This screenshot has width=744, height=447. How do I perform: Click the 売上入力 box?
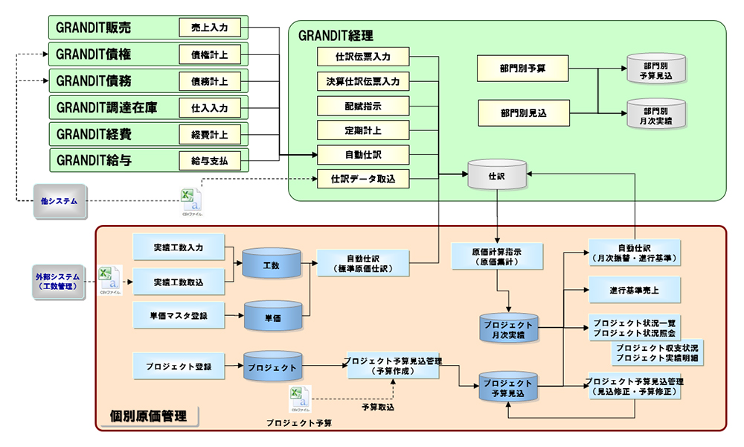210,28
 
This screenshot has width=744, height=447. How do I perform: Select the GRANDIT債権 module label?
94,54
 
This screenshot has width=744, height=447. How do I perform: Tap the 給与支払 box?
210,160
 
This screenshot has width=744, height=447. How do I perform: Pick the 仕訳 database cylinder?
496,177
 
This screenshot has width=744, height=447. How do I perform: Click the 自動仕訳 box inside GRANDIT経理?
362,155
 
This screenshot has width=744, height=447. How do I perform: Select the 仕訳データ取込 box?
362,179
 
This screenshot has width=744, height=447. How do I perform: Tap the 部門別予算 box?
523,69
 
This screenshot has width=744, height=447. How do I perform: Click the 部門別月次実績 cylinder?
655,113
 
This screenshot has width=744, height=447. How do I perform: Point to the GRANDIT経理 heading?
336,35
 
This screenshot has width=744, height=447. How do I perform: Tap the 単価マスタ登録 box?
178,316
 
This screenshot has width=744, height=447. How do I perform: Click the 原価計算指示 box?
497,255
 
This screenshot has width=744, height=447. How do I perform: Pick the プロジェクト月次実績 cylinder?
508,329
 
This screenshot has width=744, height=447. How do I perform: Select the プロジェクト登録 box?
178,367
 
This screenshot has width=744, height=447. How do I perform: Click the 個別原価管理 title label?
148,416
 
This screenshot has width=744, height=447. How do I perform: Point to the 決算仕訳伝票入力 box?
362,80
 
